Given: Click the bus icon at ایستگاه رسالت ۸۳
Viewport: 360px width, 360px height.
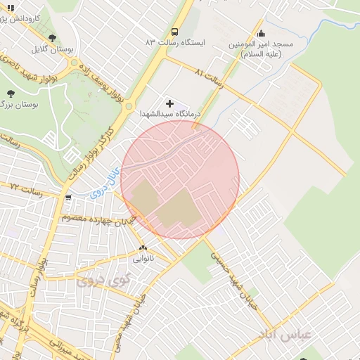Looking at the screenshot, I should [x=174, y=32].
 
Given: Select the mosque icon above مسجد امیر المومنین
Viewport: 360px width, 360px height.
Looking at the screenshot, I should [x=262, y=32].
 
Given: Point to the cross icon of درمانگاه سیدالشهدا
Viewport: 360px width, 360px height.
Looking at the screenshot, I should [x=169, y=103].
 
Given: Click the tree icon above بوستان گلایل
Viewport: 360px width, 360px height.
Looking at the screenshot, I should [x=53, y=38].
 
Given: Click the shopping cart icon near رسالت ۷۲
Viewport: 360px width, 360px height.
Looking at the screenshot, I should [x=68, y=198].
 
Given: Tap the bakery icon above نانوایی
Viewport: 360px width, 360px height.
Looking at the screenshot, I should [x=143, y=247].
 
